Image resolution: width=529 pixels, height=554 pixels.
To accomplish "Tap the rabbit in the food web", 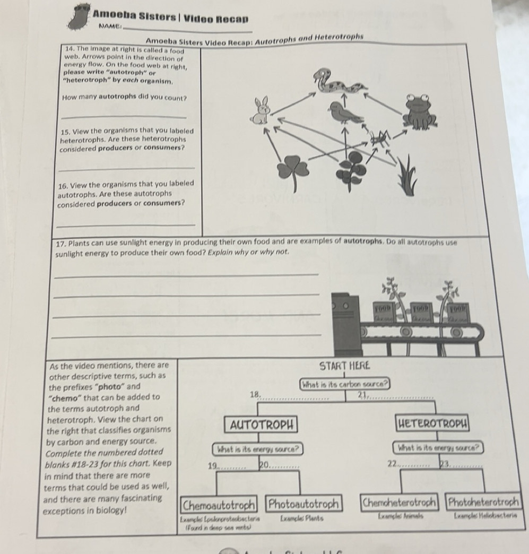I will click(261, 111).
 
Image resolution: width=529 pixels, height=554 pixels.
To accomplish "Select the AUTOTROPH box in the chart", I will click(261, 425).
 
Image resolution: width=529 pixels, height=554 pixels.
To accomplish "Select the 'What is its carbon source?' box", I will click(345, 383).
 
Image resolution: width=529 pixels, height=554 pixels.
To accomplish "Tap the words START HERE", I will click(345, 366).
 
